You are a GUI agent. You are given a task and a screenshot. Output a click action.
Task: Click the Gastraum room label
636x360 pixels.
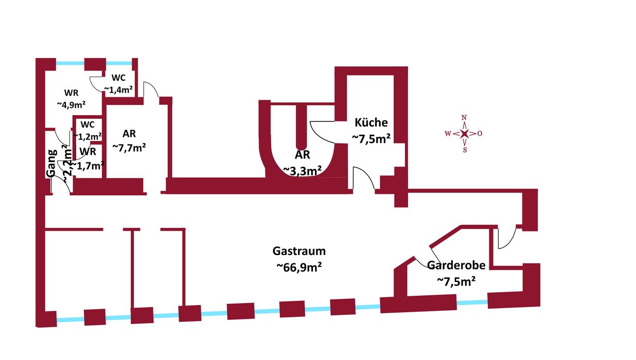click(x=299, y=251)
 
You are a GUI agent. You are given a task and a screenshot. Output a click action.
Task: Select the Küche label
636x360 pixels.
click(x=371, y=123)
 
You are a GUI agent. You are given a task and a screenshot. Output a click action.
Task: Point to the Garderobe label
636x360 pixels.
click(x=456, y=265)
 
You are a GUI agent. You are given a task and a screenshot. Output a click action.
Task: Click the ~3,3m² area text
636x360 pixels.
click(x=303, y=170)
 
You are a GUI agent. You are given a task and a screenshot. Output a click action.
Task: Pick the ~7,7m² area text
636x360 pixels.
click(x=129, y=148)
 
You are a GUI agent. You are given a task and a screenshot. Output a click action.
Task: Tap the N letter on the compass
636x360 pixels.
click(x=464, y=117)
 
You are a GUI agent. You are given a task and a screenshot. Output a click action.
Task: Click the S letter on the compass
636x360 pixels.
click(x=465, y=150)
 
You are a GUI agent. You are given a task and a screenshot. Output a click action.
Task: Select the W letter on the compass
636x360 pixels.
click(x=448, y=134)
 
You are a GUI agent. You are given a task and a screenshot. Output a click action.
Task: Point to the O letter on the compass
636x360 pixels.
click(x=480, y=134)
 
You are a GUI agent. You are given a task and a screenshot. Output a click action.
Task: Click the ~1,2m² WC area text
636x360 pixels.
click(x=87, y=136)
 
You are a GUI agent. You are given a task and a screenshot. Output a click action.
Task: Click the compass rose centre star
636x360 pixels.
click(x=465, y=134)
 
